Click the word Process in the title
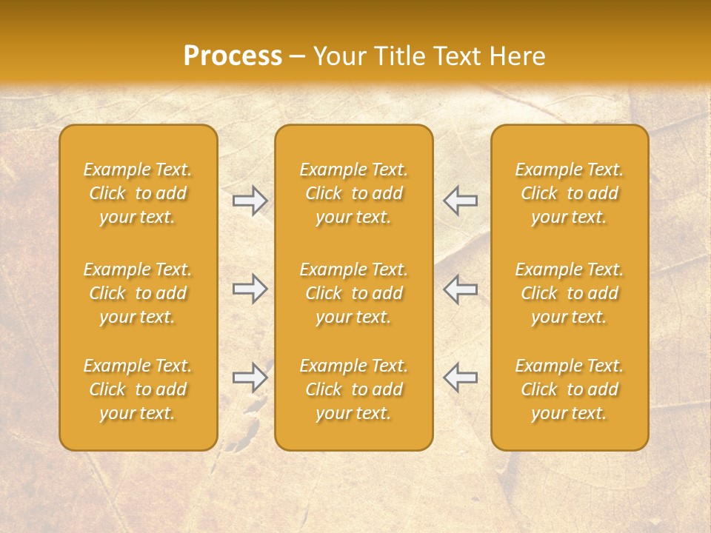pos(233,56)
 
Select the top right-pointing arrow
pos(250,201)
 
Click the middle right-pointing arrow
pos(250,289)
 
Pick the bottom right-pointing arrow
pos(250,378)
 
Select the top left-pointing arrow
pos(461,201)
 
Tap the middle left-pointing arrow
pos(461,289)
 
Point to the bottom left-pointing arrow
pos(461,378)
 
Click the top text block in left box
pos(138,193)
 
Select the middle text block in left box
pos(138,293)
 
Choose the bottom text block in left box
pos(138,389)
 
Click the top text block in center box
pos(354,193)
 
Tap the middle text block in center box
pos(354,293)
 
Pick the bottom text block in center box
pos(354,389)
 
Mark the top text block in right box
pos(570,193)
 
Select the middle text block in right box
pos(570,293)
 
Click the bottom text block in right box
pos(570,389)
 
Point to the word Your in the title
pos(337,56)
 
